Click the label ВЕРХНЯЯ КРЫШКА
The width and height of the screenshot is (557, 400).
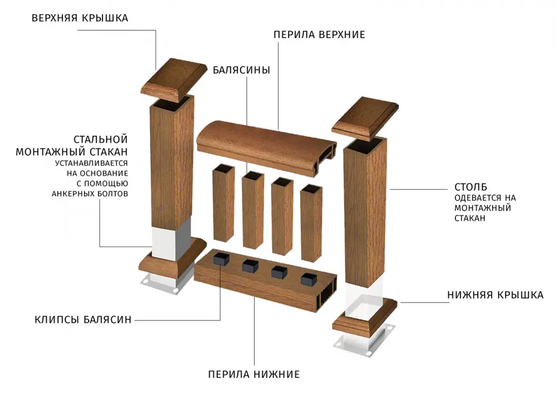click(x=80, y=18)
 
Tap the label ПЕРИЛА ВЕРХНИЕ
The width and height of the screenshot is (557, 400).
click(x=319, y=35)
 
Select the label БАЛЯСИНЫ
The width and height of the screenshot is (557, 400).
click(x=242, y=70)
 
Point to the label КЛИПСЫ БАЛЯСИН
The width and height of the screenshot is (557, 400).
click(x=83, y=320)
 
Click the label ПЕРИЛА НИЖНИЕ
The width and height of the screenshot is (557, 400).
click(x=254, y=374)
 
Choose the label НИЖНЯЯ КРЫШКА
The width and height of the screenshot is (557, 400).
click(x=495, y=295)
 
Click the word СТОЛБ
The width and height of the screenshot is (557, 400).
click(x=471, y=187)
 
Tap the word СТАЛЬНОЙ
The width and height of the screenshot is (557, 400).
click(x=100, y=139)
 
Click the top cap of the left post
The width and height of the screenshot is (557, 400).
click(x=173, y=80)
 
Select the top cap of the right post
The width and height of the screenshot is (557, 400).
click(x=365, y=118)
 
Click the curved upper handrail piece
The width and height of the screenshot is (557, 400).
click(x=267, y=148)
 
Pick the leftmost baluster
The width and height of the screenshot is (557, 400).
click(x=223, y=203)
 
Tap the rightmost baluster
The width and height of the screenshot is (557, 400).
click(x=311, y=223)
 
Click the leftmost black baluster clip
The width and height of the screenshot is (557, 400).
click(x=221, y=259)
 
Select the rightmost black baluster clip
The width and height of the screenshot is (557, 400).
click(x=309, y=279)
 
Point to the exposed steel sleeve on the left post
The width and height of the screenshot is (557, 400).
click(x=171, y=240)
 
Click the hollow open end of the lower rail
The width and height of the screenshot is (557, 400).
click(x=328, y=293)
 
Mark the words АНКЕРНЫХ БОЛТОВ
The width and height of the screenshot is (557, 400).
click(x=90, y=194)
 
